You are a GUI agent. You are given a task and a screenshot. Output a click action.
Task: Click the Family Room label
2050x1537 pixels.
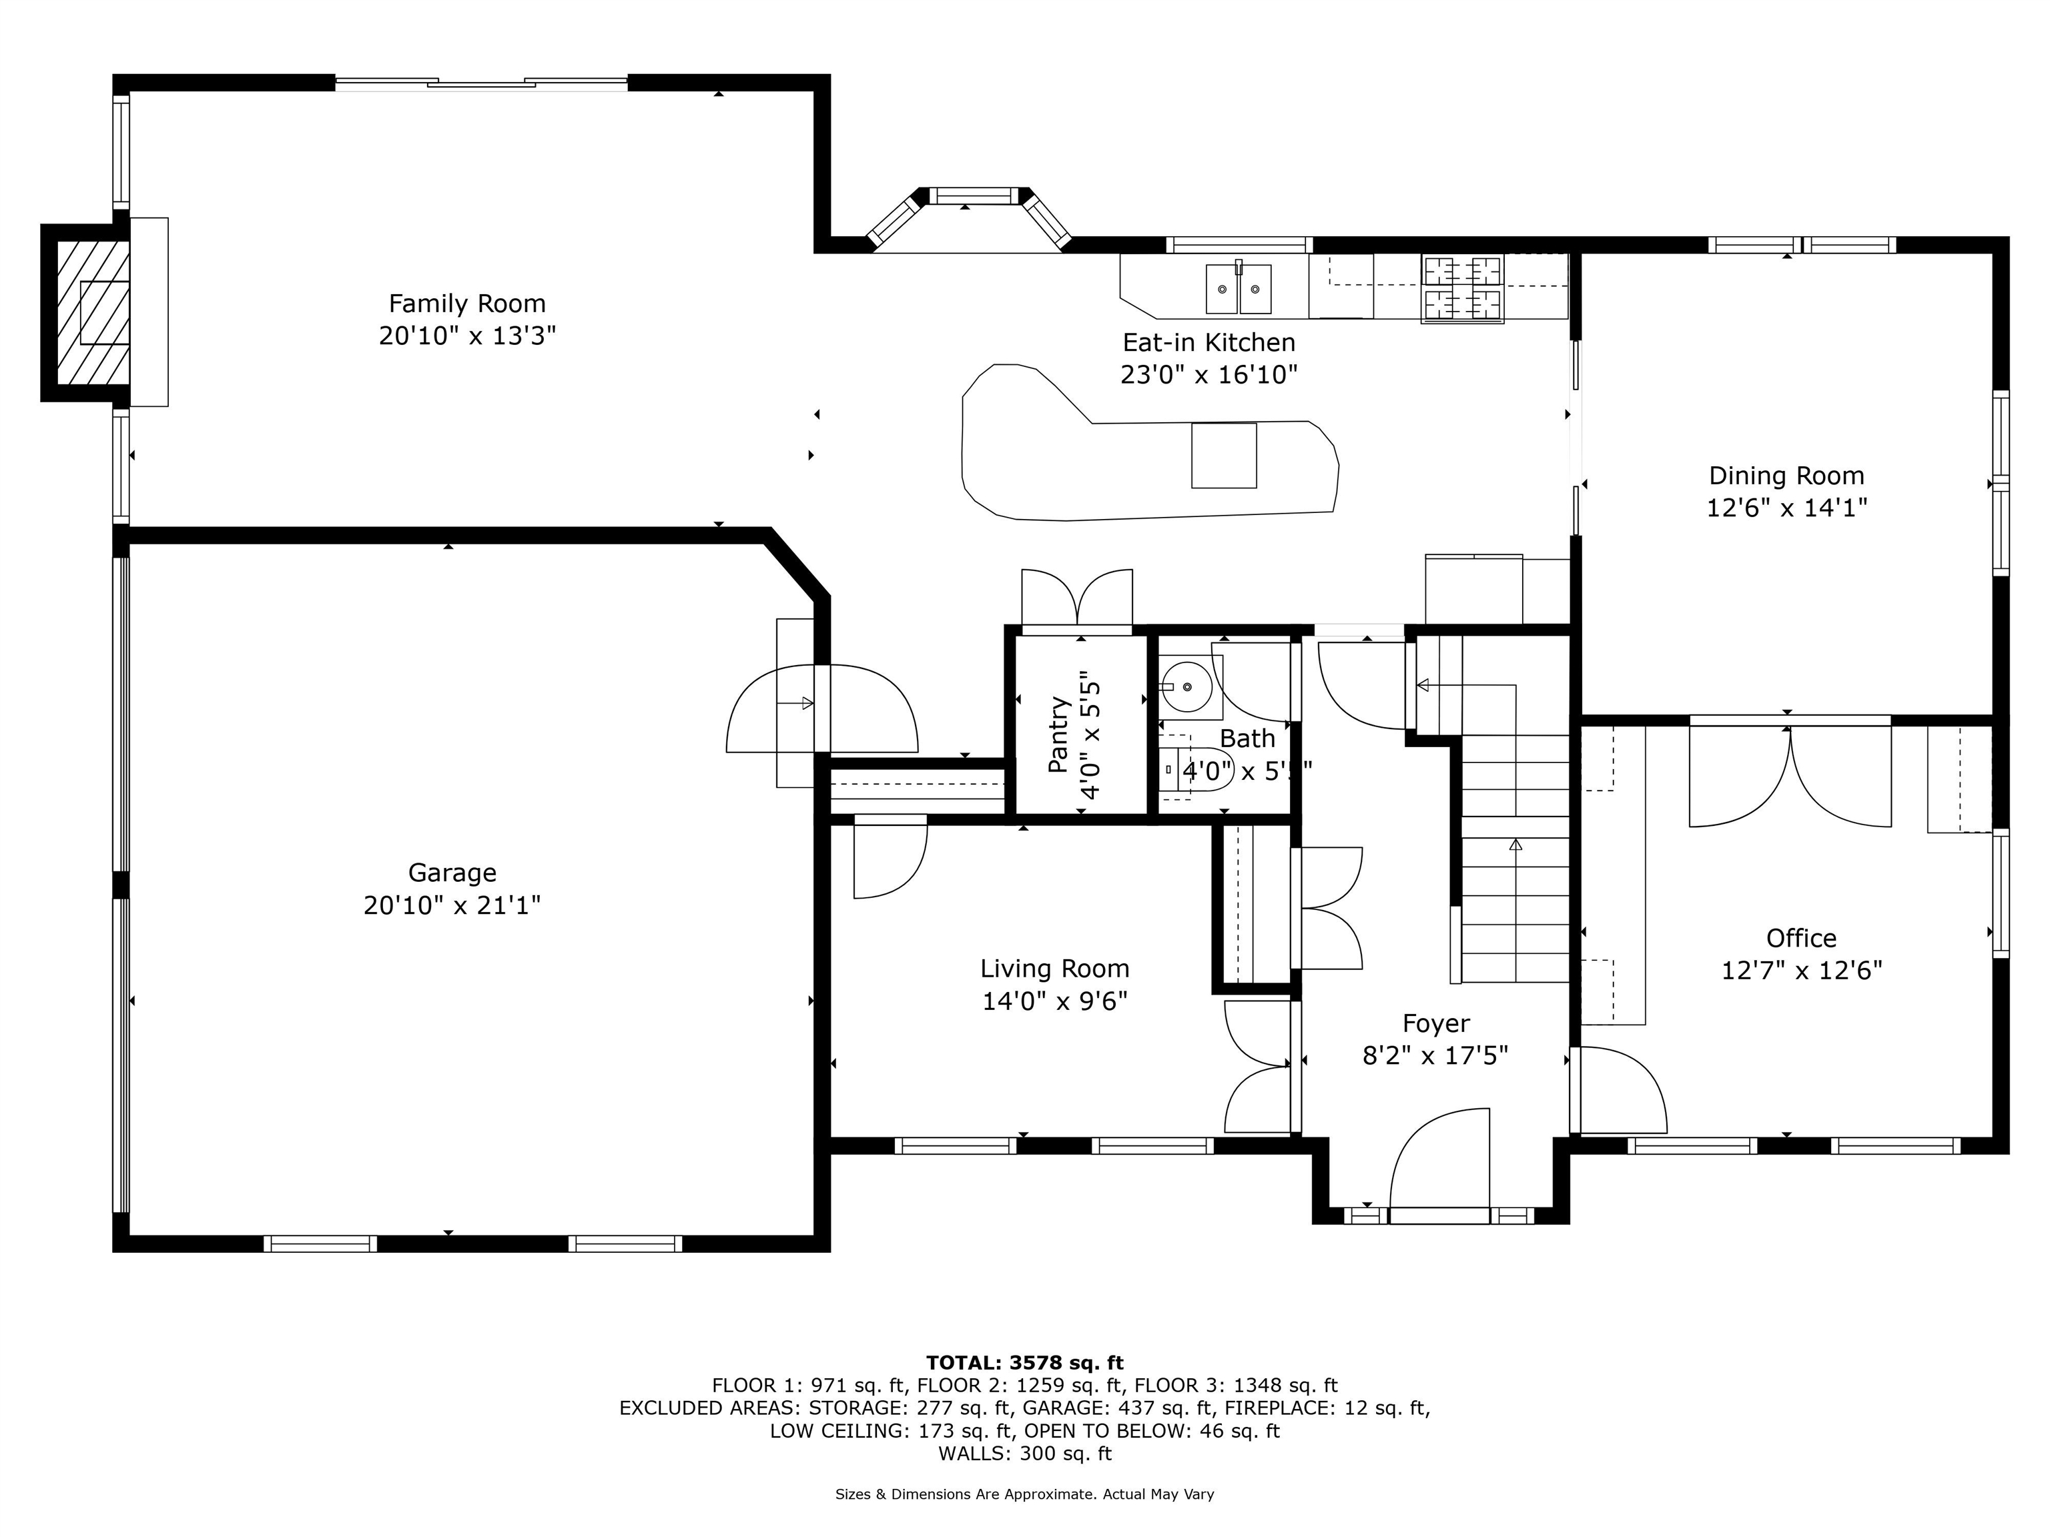(466, 304)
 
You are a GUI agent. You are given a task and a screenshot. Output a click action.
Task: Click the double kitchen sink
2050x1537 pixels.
(1238, 289)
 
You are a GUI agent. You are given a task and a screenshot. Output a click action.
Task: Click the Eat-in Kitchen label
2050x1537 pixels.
(1209, 343)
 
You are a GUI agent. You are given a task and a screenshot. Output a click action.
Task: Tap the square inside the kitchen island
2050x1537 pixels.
(1223, 455)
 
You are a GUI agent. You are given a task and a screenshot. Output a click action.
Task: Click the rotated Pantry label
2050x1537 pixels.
(1059, 734)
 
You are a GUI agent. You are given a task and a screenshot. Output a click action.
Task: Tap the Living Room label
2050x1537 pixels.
(1054, 969)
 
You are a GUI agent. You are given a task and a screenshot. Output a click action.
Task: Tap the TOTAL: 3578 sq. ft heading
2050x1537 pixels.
(1024, 1363)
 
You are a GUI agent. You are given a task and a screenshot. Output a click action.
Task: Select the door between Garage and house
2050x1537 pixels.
(821, 708)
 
